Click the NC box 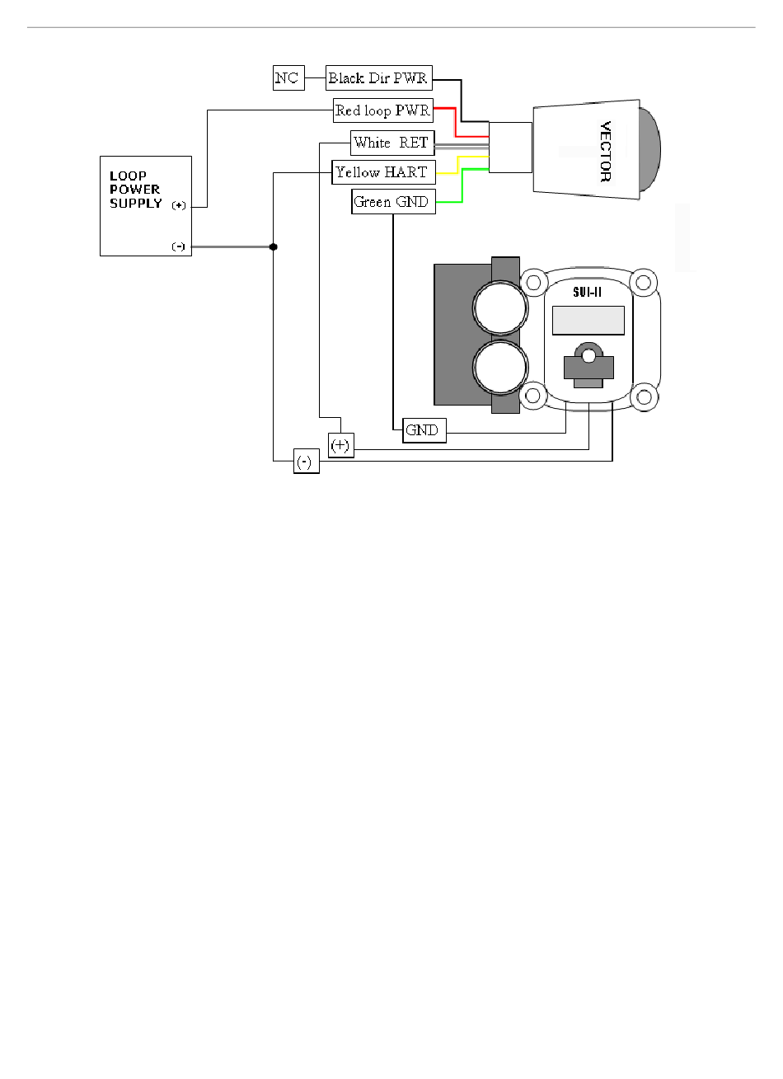(x=287, y=78)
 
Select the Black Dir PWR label (x=378, y=78)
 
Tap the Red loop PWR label (x=383, y=110)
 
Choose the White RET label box (x=391, y=143)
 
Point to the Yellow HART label (x=383, y=172)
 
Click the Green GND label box (x=392, y=202)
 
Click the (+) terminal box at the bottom (x=340, y=446)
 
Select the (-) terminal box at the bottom (x=306, y=462)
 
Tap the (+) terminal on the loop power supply (x=179, y=206)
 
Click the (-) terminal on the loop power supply (x=179, y=246)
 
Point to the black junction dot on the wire (x=273, y=246)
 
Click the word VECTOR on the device (x=605, y=151)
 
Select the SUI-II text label (x=587, y=292)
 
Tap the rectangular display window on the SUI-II (x=588, y=320)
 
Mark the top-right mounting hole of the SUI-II (x=644, y=284)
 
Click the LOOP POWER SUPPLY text (x=135, y=190)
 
